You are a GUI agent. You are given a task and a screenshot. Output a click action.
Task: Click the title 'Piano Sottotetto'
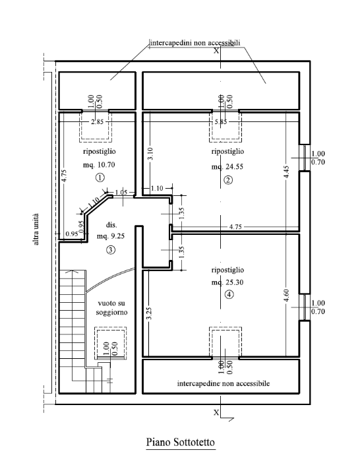pos(180,441)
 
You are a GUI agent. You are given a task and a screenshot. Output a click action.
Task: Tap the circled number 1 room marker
pos(100,177)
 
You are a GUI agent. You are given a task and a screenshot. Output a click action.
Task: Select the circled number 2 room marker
pos(228,180)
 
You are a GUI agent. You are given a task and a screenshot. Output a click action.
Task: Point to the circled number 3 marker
pos(110,249)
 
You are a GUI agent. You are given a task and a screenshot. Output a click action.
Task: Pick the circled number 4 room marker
pos(228,295)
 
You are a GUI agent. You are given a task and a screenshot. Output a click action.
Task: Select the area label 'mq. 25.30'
pos(228,282)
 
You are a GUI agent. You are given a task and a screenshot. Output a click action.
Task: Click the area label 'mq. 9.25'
pos(110,236)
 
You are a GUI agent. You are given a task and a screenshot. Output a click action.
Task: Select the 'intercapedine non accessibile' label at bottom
pos(222,383)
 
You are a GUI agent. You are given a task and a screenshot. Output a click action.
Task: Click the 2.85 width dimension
pos(97,122)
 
